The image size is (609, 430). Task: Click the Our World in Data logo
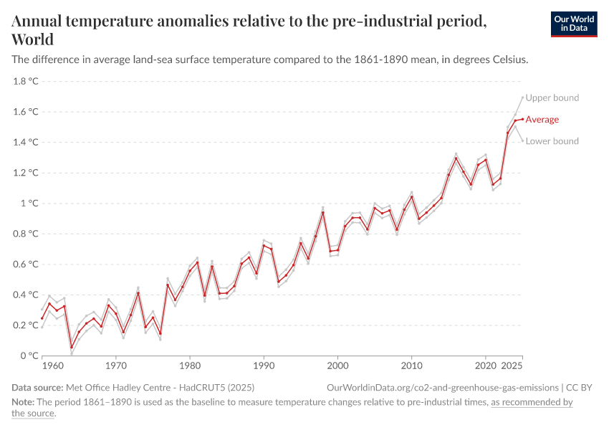(573, 24)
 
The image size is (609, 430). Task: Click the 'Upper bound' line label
(552, 98)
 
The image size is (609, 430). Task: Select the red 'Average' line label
(542, 120)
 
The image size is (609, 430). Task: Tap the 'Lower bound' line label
(552, 141)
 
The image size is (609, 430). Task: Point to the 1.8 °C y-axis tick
(26, 81)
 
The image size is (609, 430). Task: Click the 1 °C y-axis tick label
(29, 203)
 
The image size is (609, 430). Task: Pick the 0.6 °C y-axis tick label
(26, 264)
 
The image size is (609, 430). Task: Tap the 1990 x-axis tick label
(264, 365)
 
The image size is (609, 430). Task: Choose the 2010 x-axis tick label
(411, 365)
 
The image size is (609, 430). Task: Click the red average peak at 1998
(323, 212)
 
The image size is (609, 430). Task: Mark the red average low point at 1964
(72, 348)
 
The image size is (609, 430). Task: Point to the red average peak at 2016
(456, 158)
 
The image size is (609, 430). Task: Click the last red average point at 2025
(522, 119)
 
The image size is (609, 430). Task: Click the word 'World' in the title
(32, 39)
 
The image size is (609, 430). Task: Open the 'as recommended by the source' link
(530, 403)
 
